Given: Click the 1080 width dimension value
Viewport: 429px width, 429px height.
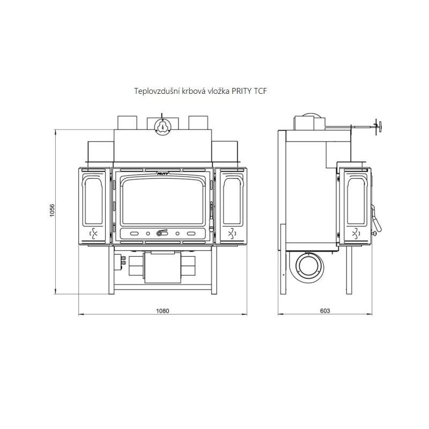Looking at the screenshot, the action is (162, 311).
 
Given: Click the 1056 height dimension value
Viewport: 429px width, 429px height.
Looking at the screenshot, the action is (52, 210).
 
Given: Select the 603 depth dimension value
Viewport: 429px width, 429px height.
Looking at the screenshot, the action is (325, 311).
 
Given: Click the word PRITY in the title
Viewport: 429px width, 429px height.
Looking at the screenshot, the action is (241, 91).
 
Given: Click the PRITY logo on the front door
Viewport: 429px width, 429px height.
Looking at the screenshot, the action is (163, 173).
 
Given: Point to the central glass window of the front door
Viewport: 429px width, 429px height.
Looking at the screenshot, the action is (164, 202).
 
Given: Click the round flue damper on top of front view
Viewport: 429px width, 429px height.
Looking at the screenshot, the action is (162, 127).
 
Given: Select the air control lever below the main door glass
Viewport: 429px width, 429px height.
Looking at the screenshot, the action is (162, 233).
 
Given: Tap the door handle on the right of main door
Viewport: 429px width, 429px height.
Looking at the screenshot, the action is (211, 218).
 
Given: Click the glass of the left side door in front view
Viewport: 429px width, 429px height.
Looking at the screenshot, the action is (93, 202).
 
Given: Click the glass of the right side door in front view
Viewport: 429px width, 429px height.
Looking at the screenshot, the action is (232, 202).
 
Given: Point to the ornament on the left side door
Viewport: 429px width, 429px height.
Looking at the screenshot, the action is (93, 233).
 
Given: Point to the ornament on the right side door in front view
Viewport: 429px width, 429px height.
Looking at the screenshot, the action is (232, 233).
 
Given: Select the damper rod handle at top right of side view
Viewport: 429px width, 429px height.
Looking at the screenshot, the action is (379, 127).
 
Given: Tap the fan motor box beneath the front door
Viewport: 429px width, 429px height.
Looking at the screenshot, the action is (162, 268).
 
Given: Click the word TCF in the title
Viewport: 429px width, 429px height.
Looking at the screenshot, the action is (260, 91).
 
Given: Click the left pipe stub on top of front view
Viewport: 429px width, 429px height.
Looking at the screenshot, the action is (127, 123).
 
